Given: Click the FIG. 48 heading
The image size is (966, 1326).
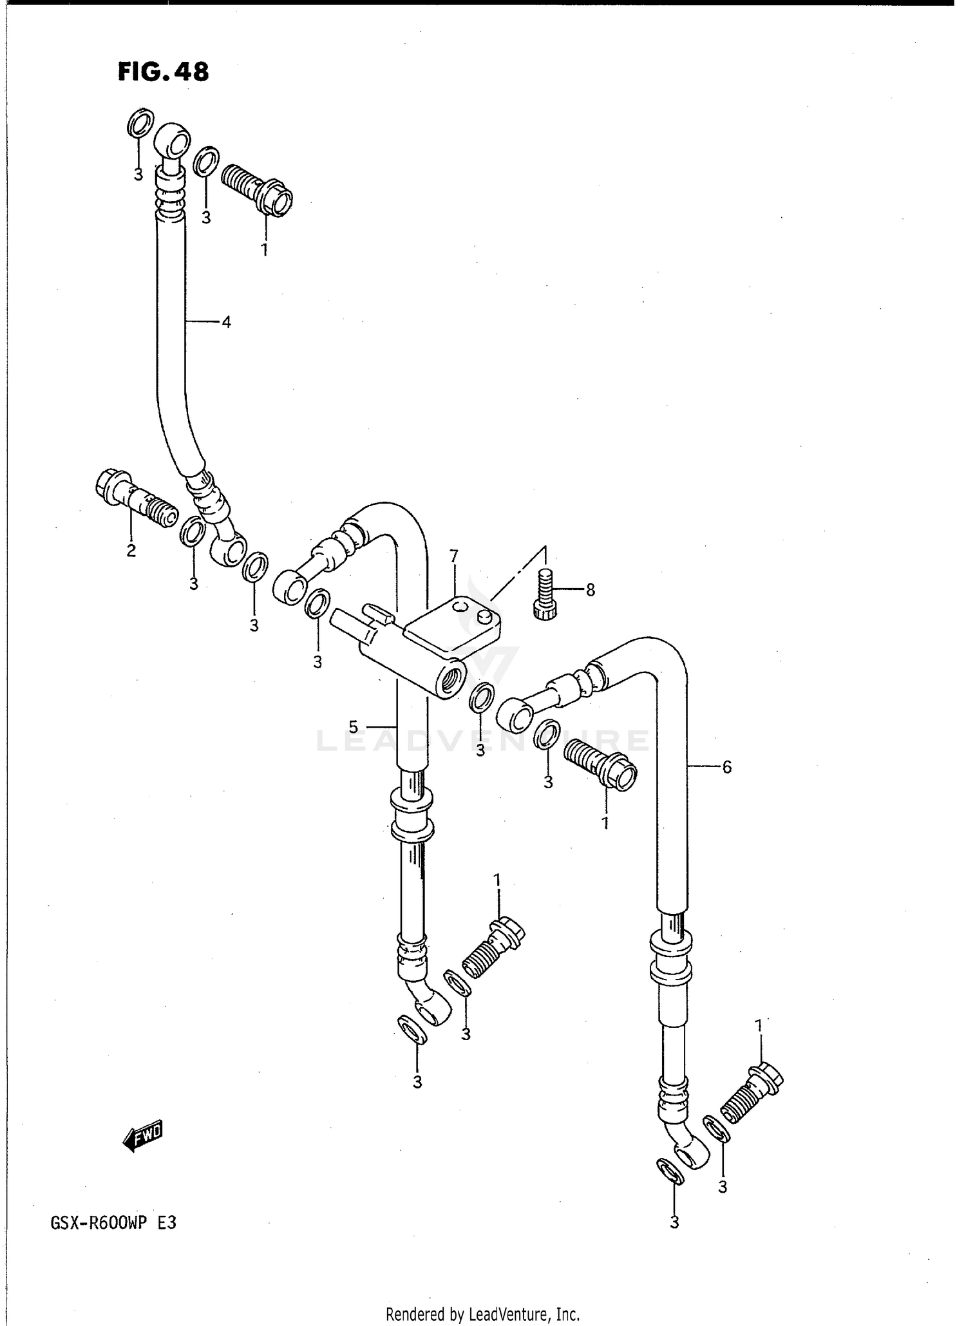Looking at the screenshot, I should coord(163,71).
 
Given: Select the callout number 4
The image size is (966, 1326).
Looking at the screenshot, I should coord(226,321).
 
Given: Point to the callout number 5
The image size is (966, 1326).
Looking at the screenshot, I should coord(354,727).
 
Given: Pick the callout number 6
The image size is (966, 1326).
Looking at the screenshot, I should coord(726,767).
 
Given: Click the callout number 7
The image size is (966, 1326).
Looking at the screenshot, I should coord(454,556).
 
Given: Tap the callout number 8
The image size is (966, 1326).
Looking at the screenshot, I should coord(591,589).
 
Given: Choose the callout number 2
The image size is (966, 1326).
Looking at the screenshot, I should coord(131,551).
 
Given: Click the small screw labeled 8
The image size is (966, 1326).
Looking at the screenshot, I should coord(545,594).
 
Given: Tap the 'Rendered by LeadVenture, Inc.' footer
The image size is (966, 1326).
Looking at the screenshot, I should coord(483,1314).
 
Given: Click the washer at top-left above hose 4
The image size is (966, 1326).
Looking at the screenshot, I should coord(140,122).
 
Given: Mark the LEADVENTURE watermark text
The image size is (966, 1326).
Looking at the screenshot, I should coord(483,741).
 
